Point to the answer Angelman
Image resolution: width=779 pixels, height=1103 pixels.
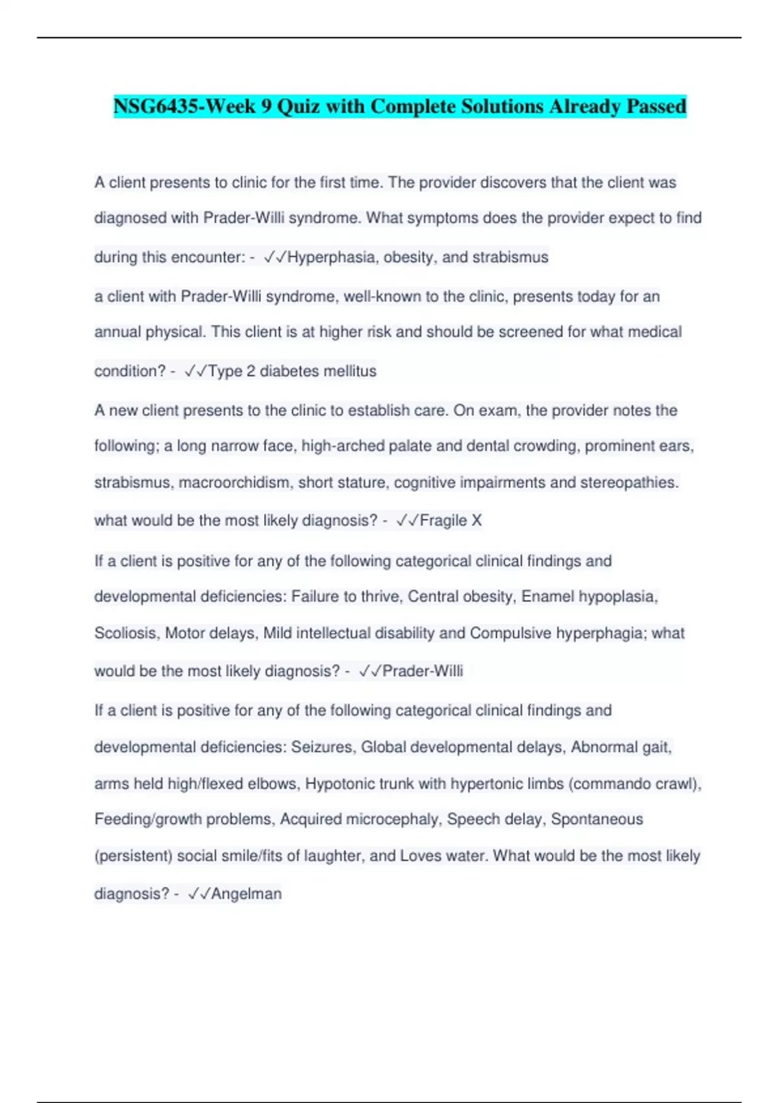click(x=246, y=894)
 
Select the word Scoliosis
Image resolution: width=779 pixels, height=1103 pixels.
click(x=126, y=633)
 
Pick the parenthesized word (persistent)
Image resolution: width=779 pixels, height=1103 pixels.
click(x=133, y=856)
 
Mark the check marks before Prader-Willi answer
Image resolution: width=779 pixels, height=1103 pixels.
click(x=369, y=671)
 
